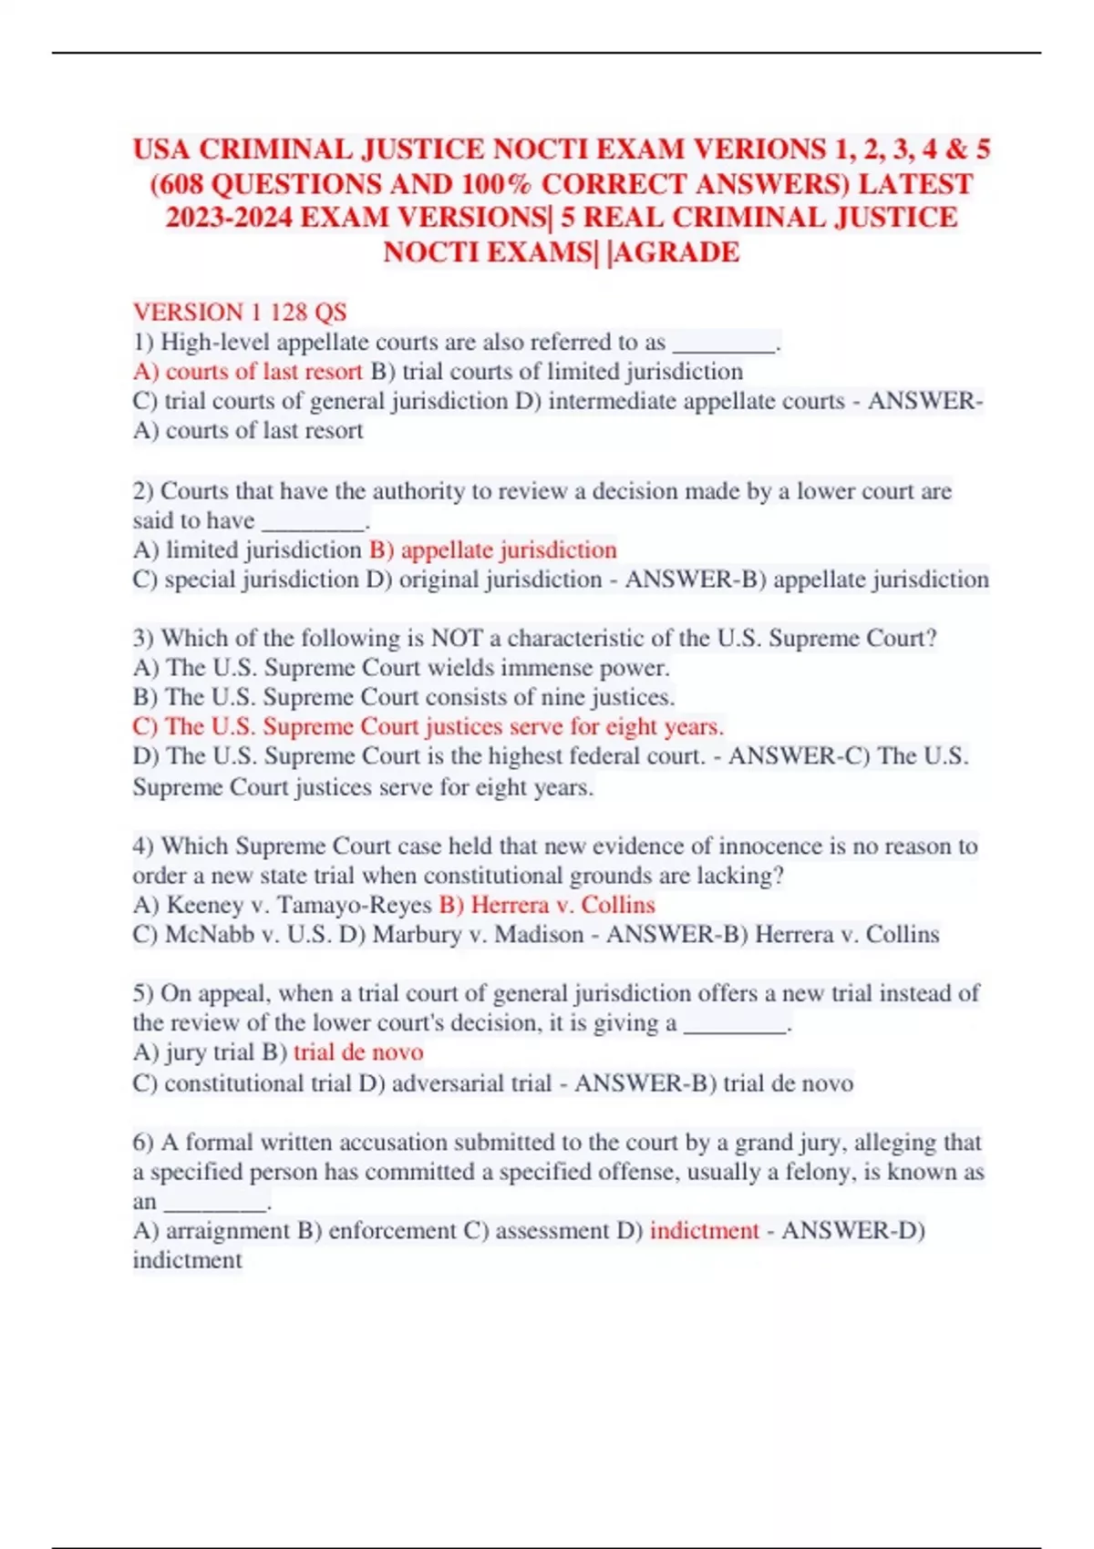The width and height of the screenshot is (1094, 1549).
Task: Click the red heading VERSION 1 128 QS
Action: (x=240, y=313)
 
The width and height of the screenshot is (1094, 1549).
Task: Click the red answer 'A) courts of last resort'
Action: (x=247, y=372)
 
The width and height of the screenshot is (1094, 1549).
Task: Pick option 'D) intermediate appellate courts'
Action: (x=680, y=401)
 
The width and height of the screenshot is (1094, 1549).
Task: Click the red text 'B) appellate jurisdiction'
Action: (x=492, y=550)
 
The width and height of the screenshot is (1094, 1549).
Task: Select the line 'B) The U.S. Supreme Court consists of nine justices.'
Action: (x=404, y=697)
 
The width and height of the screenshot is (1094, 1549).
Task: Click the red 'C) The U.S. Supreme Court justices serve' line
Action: (x=428, y=727)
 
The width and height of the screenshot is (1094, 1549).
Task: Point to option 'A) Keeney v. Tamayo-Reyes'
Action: (x=282, y=905)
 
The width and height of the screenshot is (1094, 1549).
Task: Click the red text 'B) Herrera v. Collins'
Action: (x=547, y=905)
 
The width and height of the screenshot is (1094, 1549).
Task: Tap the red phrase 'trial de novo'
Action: (x=358, y=1052)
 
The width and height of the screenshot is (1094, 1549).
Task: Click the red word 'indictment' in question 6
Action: (x=704, y=1231)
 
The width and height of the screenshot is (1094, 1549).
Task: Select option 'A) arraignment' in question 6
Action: (x=211, y=1231)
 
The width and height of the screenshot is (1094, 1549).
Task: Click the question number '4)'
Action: (x=143, y=846)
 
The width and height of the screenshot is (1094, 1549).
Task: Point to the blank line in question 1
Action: (x=723, y=344)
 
